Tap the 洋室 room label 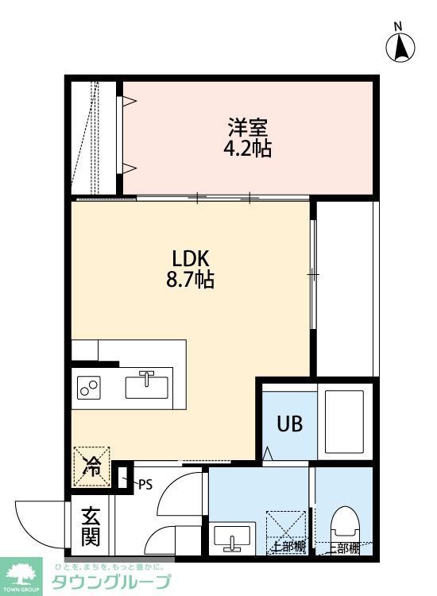(x=248, y=127)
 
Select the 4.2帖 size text (x=248, y=149)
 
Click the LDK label (x=191, y=259)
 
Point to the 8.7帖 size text (x=191, y=281)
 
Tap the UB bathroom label (x=288, y=423)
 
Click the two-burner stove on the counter (x=89, y=388)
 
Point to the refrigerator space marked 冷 (x=92, y=466)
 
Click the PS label (x=145, y=483)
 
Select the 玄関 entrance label (x=91, y=526)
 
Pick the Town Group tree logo (x=23, y=573)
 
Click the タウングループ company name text (x=111, y=582)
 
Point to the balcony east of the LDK (x=346, y=286)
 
